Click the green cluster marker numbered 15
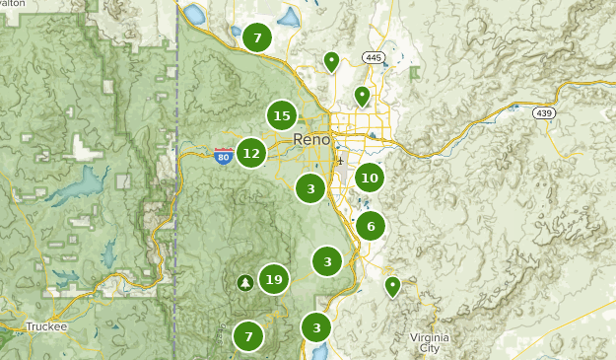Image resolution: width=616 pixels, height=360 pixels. (282, 116)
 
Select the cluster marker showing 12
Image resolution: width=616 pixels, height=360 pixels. (251, 153)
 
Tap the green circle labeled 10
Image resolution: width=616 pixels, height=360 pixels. (370, 178)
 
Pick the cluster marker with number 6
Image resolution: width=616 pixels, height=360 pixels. (371, 226)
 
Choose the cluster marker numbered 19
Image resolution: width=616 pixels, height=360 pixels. (274, 280)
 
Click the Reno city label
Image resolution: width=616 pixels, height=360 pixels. (312, 140)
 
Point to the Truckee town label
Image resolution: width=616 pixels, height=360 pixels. (46, 326)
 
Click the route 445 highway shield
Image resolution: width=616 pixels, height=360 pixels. (372, 57)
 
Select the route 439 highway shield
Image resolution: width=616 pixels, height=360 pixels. (543, 114)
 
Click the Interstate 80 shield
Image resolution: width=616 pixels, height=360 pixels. (224, 154)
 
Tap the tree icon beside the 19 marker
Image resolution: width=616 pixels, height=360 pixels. (244, 282)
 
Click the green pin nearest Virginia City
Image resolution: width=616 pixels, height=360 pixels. (392, 286)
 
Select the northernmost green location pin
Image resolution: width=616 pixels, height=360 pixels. (332, 61)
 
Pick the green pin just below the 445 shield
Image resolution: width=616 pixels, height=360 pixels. (362, 96)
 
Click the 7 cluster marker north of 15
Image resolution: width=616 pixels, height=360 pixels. (257, 38)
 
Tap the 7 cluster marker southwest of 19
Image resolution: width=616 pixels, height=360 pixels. (248, 336)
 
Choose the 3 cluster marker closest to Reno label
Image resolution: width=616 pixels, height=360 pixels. (310, 187)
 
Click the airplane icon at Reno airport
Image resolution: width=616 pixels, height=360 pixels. (340, 161)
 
